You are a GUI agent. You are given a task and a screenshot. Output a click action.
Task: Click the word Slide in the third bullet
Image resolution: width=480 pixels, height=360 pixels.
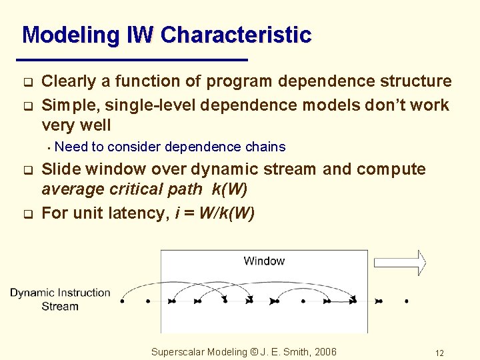coord(60,169)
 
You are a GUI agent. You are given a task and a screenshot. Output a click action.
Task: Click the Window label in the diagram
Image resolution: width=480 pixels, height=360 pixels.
coord(264,261)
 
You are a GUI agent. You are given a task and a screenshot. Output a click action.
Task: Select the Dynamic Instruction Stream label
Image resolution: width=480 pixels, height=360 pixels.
coord(60,299)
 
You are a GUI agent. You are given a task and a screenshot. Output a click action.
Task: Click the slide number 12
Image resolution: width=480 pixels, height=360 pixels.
coord(439,353)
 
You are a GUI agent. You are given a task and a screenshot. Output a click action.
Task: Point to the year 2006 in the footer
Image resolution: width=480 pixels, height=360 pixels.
coord(325,352)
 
